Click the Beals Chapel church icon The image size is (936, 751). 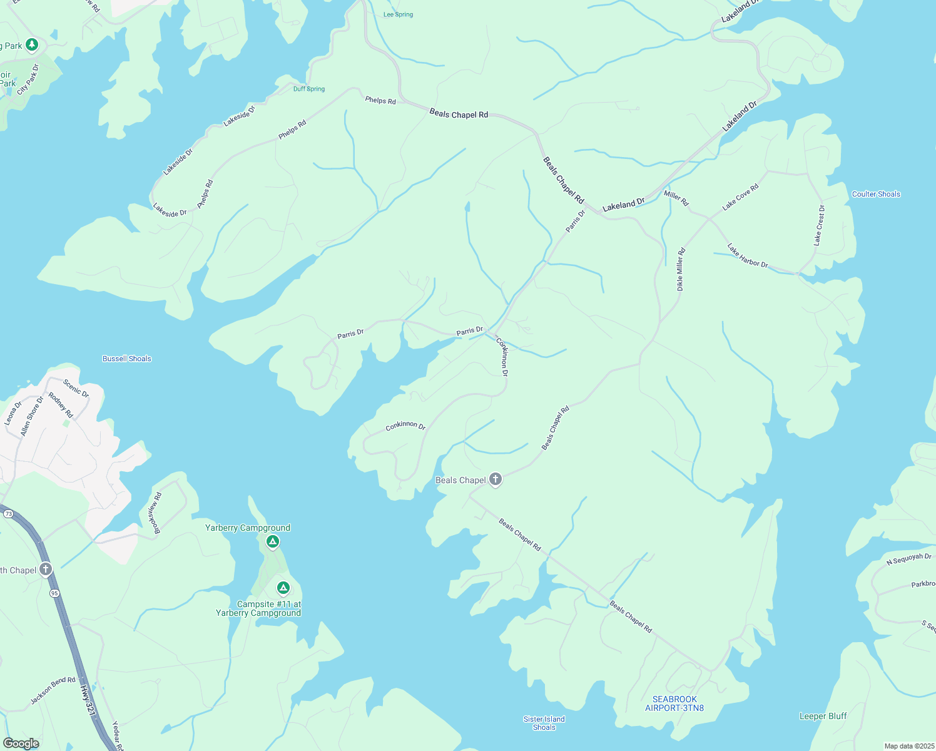pos(495,480)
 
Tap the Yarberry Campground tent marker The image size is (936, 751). pos(272,542)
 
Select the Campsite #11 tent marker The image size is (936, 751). pos(283,588)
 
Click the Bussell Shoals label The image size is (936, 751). pos(127,359)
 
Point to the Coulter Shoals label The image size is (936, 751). pos(876,194)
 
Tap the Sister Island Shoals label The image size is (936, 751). pos(544,723)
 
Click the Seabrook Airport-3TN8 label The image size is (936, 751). pos(674,703)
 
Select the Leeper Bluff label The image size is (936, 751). pos(823,716)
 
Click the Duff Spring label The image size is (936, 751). pos(309,89)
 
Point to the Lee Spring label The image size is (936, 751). pos(398,14)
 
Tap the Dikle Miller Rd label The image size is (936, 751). pos(681,269)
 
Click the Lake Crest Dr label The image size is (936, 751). pos(819,225)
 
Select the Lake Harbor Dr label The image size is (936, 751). pos(748,256)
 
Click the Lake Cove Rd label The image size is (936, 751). pos(740,197)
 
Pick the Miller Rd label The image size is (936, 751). pos(676,198)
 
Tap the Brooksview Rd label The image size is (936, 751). pos(155,513)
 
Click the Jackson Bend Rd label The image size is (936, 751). pos(53,690)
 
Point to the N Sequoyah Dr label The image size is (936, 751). pos(908,559)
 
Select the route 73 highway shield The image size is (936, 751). pos(8,513)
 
